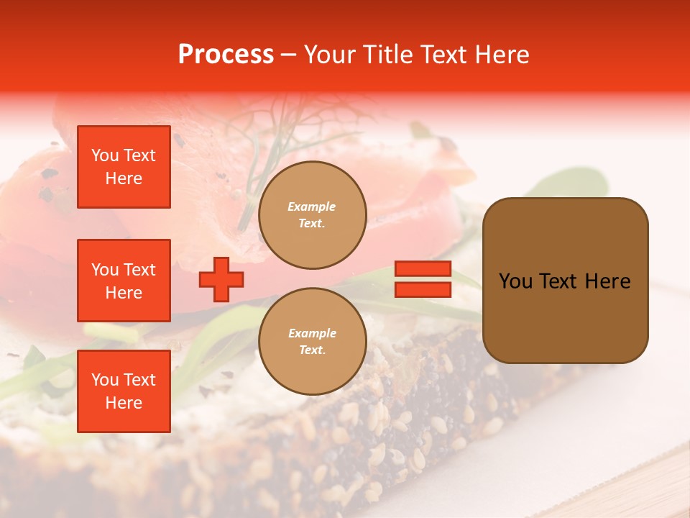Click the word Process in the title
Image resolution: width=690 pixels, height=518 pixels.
pos(226,55)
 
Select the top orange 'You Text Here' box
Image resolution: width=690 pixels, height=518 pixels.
pos(124,167)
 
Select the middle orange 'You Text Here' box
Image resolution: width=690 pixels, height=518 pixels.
pos(124,281)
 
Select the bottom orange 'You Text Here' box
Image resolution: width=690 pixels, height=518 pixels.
pos(124,391)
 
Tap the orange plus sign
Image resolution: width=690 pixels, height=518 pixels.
pos(221,279)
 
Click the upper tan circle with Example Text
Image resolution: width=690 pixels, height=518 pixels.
pos(313,215)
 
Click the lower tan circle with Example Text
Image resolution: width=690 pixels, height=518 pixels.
pos(313,342)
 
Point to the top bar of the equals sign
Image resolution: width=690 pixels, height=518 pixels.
pos(423,268)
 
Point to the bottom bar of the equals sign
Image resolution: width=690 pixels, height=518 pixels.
pos(423,289)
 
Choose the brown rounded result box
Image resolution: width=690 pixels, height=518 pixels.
pos(565,281)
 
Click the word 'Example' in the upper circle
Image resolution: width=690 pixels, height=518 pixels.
pos(312,206)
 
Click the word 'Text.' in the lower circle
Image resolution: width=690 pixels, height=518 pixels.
pos(312,350)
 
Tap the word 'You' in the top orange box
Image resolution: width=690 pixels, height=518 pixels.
pos(105,155)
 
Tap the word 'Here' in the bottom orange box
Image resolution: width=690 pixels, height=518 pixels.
pos(124,403)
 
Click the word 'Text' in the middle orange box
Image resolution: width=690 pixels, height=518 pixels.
pos(139,270)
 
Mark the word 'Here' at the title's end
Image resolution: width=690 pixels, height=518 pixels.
pos(503,55)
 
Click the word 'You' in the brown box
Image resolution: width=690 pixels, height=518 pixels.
pos(515,281)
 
